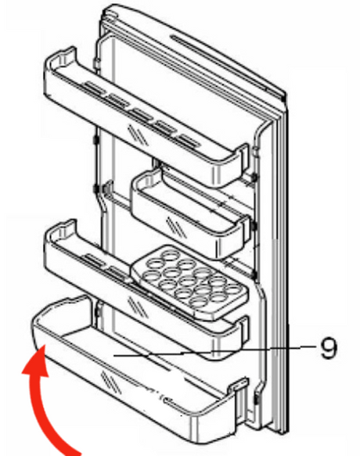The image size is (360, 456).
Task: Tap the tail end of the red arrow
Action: [x=74, y=450]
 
